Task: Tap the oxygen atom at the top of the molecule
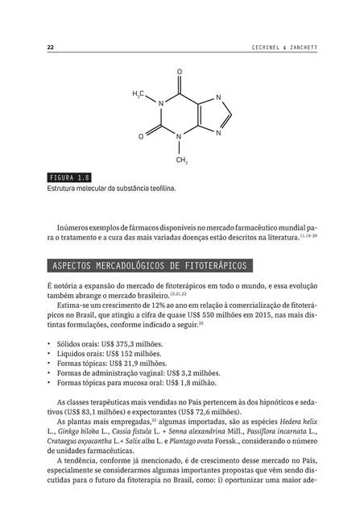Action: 179,73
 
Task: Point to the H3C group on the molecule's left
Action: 138,95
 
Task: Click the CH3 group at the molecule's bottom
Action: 181,160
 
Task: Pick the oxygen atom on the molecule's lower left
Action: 140,136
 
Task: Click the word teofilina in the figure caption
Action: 159,189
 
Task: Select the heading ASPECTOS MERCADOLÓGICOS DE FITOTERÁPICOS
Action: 150,265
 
